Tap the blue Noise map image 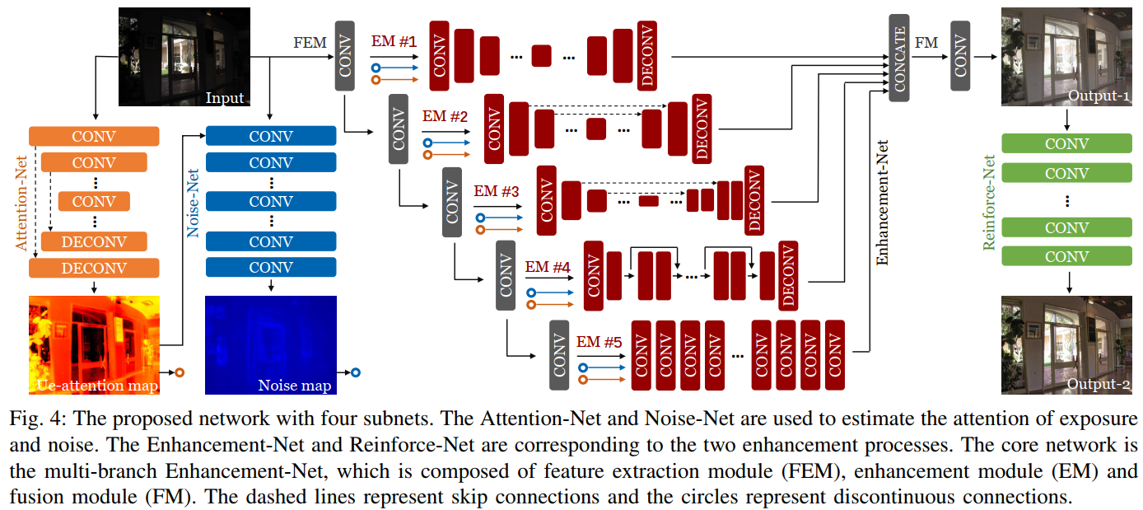(x=271, y=344)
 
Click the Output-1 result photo (x=1068, y=58)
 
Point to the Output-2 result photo (x=1068, y=344)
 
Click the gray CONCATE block (x=899, y=58)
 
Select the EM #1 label (x=394, y=41)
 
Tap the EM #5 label (x=599, y=341)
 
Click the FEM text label (x=310, y=42)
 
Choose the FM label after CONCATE (x=926, y=42)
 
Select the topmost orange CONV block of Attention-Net (x=94, y=137)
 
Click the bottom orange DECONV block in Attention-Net (x=94, y=269)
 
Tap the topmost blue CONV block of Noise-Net (x=271, y=137)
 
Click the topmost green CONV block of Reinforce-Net (x=1066, y=143)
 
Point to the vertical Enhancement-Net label (x=882, y=203)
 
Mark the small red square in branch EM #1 (x=541, y=56)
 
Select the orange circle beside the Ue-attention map (x=179, y=372)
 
